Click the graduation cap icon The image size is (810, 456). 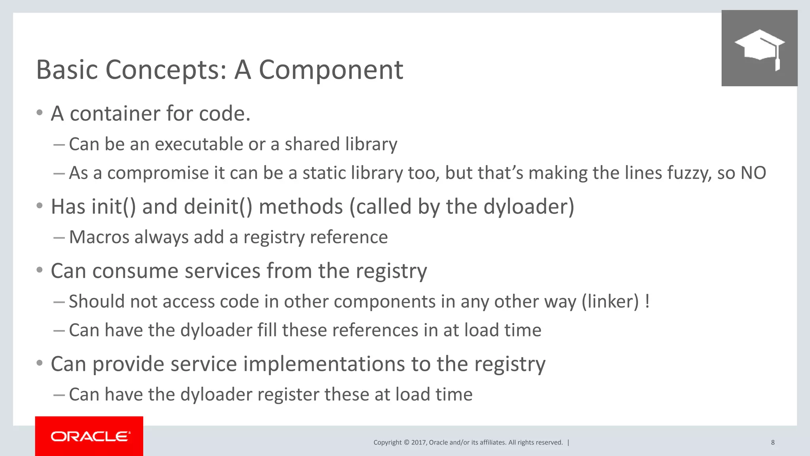759,48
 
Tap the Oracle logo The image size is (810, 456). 89,436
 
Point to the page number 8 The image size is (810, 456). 773,442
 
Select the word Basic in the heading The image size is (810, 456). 67,70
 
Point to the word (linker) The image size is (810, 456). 610,302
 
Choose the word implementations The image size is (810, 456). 324,364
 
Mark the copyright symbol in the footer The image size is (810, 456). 406,443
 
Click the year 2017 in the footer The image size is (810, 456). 418,443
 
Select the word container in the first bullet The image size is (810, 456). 115,114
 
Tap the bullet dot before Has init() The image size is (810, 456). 39,206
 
